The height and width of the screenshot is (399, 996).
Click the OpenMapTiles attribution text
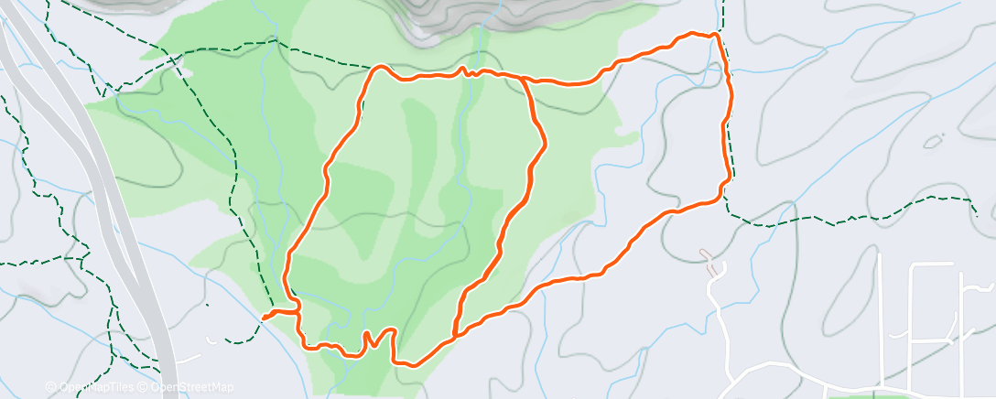coord(92,387)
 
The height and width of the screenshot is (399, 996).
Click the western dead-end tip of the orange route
coord(265,318)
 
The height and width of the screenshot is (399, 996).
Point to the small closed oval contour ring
coord(933,142)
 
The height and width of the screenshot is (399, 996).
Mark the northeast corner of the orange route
coord(714,36)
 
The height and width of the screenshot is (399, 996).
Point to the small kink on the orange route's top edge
coord(464,70)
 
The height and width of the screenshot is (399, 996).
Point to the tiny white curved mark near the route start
coord(213,340)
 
